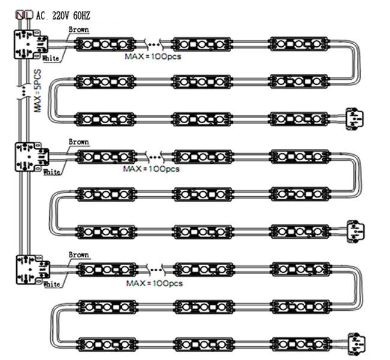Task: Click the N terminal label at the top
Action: point(20,16)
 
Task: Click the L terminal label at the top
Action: point(29,16)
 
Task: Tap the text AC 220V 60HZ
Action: point(63,16)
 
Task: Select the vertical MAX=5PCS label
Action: point(38,91)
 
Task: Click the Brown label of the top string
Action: point(79,29)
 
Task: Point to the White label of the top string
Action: point(51,58)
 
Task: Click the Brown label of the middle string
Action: point(79,142)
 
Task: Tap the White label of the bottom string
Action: point(52,284)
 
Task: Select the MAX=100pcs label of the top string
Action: point(153,56)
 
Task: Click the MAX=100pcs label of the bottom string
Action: point(154,283)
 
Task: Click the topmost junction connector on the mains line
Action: point(31,44)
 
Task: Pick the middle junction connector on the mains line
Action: point(32,157)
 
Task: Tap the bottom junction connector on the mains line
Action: point(32,269)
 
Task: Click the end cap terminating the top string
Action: point(355,119)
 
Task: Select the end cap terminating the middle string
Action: point(356,231)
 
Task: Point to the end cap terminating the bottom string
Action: point(356,344)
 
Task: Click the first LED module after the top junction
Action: point(105,44)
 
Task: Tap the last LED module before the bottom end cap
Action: point(301,344)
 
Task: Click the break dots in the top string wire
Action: point(154,45)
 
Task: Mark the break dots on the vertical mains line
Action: point(24,92)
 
